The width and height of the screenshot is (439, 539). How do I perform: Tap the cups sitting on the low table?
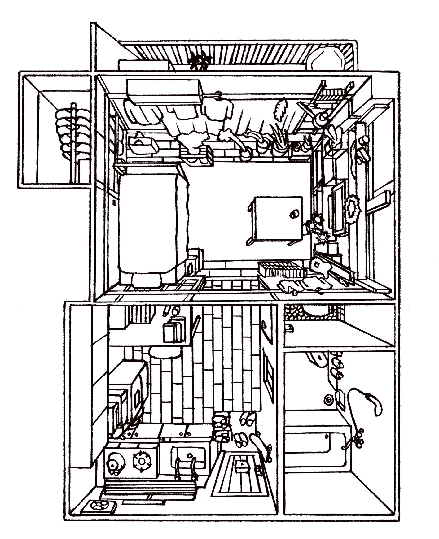coord(294,213)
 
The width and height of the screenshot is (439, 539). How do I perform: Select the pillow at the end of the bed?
coord(147,280)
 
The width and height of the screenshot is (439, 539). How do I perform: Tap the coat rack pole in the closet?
coord(73,142)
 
